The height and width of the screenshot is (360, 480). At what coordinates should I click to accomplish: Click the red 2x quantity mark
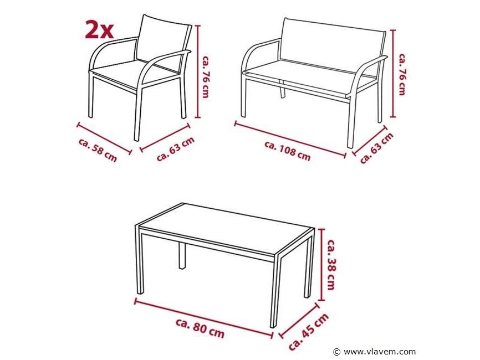click(99, 30)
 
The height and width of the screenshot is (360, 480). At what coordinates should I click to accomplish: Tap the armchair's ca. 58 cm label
click(98, 150)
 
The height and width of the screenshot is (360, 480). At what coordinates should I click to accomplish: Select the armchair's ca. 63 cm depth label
click(175, 149)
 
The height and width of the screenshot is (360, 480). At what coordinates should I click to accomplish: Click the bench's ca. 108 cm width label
click(288, 151)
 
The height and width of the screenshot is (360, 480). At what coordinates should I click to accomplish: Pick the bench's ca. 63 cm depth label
click(376, 148)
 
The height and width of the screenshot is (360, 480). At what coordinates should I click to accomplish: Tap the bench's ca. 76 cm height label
click(402, 74)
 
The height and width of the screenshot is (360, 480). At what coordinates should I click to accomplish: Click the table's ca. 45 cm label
click(309, 332)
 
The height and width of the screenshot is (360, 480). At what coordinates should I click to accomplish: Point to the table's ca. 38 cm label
click(331, 264)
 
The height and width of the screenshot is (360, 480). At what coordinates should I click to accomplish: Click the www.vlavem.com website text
click(380, 352)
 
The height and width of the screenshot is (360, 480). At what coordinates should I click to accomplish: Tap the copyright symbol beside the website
click(337, 352)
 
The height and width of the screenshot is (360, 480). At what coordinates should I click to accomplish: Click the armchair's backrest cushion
click(162, 39)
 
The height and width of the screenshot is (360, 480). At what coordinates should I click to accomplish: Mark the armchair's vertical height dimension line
click(198, 71)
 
